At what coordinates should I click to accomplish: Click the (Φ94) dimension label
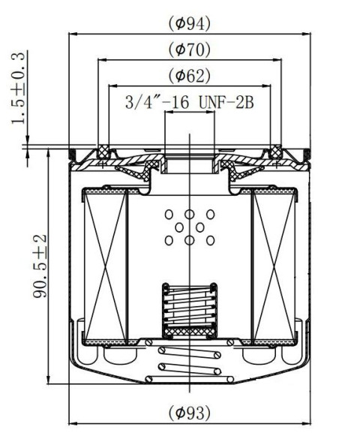pyautogui.click(x=188, y=23)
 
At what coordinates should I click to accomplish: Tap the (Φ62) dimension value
pyautogui.click(x=188, y=76)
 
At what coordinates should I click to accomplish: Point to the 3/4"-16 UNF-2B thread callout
pyautogui.click(x=189, y=102)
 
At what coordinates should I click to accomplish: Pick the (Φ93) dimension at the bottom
pyautogui.click(x=188, y=412)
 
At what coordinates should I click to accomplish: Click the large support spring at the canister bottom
pyautogui.click(x=190, y=365)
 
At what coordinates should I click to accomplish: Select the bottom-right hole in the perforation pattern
pyautogui.click(x=211, y=240)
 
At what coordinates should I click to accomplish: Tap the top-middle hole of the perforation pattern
pyautogui.click(x=190, y=215)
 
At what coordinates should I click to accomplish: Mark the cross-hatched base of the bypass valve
pyautogui.click(x=190, y=331)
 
